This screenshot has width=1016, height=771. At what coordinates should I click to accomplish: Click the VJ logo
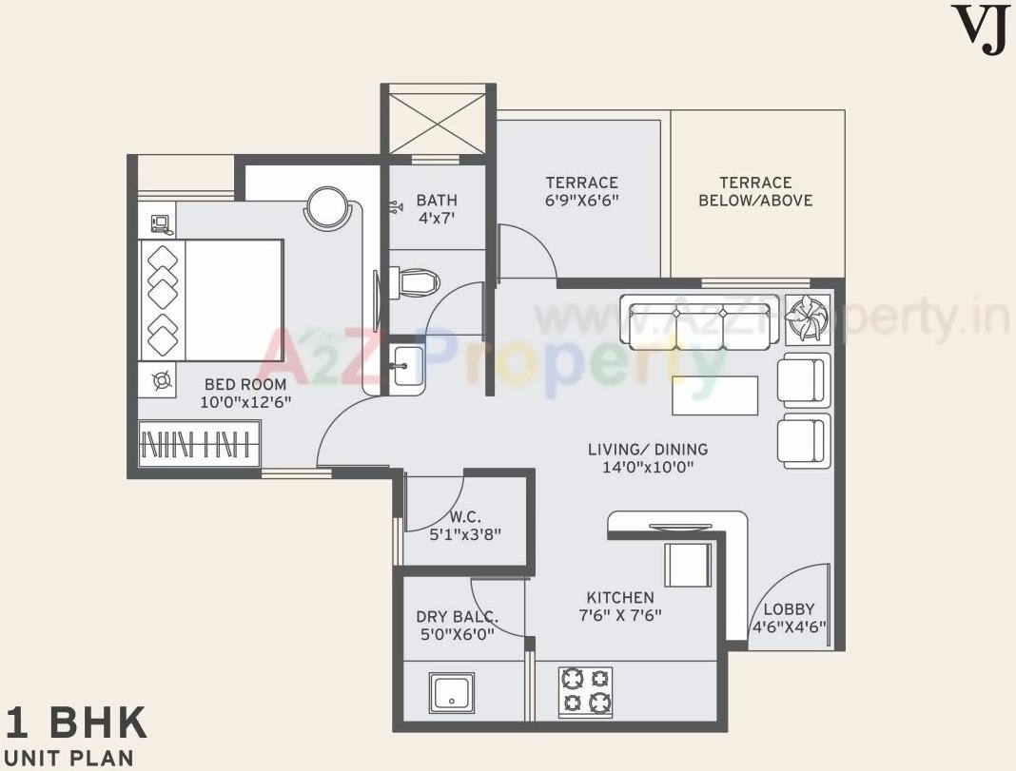980,29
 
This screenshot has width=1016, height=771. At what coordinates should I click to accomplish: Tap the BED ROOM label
245,384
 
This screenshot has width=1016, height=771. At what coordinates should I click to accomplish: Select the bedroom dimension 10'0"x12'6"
245,402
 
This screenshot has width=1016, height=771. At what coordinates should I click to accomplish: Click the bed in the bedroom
211,299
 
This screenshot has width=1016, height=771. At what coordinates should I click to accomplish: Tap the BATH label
437,201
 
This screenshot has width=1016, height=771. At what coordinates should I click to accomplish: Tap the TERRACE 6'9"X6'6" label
581,191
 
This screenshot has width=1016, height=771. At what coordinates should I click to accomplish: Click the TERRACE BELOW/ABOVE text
755,191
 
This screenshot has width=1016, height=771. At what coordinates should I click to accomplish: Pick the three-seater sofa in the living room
701,320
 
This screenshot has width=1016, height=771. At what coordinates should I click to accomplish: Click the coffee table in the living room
714,395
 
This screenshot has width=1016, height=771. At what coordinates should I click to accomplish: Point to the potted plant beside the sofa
808,318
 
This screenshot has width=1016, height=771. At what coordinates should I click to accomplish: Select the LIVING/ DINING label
647,458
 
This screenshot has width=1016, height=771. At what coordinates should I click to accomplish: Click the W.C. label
464,517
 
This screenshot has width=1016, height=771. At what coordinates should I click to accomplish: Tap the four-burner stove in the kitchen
585,690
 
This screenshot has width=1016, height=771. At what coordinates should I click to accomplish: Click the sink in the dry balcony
453,692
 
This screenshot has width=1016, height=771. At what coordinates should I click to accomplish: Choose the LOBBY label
789,609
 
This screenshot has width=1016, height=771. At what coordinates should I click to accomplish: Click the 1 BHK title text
76,723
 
